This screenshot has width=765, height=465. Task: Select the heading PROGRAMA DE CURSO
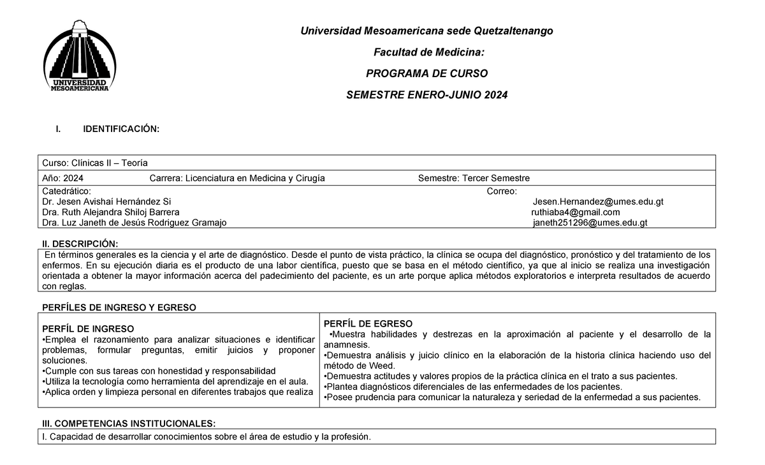point(426,73)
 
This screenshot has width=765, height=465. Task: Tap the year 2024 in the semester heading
point(495,95)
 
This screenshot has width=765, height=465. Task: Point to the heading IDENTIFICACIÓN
point(121,129)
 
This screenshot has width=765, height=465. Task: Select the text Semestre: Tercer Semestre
point(474,178)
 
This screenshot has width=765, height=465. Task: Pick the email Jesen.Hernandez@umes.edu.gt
point(598,202)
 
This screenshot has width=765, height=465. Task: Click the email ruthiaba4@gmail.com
point(575,212)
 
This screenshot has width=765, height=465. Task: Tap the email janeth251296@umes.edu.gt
point(590,223)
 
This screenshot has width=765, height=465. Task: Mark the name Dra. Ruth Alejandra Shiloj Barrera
point(110,212)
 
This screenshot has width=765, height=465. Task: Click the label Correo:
point(502,191)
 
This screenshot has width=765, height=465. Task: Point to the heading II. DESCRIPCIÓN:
point(80,244)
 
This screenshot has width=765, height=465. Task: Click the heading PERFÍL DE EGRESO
point(368,323)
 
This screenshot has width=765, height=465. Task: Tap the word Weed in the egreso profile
point(377,365)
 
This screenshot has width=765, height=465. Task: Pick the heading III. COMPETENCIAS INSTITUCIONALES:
point(128,424)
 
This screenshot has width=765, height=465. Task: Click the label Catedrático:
point(66,191)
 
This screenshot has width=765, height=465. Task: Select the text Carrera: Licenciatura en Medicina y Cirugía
point(237,178)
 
